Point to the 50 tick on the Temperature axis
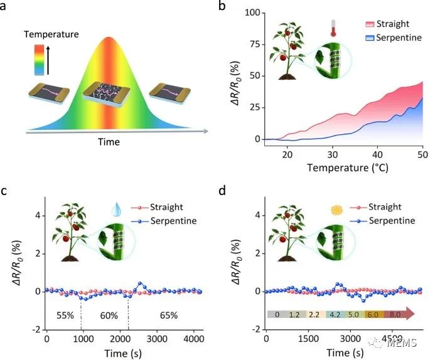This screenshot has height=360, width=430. click(422, 154)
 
